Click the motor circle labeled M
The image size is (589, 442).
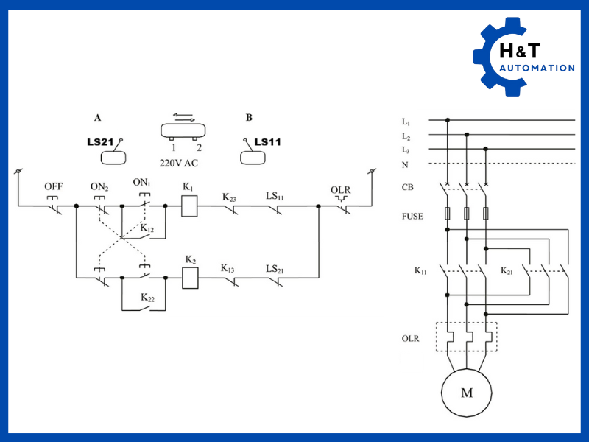466,392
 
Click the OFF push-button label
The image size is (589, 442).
53,186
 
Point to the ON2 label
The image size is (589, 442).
99,186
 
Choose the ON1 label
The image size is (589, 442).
141,183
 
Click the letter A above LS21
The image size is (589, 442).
97,117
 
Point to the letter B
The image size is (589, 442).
248,117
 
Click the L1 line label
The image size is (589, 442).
406,121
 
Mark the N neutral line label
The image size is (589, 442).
405,164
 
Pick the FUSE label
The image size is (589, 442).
414,216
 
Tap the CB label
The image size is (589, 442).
407,187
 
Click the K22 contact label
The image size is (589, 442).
148,298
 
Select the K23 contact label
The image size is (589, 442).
230,197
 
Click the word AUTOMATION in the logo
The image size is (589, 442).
537,69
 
